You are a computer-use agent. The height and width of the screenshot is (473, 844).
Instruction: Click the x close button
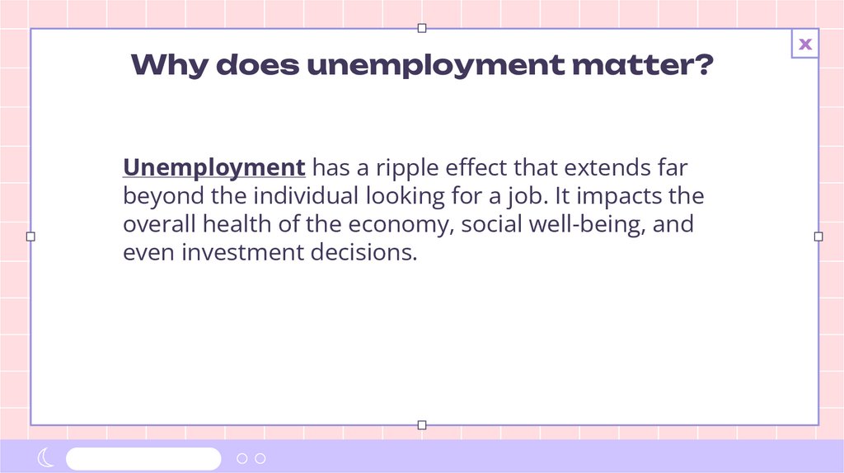(805, 44)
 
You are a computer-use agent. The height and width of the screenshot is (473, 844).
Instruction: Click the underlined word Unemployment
(214, 168)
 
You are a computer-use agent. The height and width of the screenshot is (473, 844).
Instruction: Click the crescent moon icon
(45, 458)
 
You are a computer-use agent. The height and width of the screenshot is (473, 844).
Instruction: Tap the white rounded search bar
(143, 458)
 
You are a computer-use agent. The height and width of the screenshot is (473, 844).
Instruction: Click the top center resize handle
(422, 28)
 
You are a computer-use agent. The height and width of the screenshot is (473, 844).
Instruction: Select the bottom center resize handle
(422, 425)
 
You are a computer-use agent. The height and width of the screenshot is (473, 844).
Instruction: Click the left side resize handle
(30, 236)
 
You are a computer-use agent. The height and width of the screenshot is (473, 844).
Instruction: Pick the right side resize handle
(818, 236)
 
